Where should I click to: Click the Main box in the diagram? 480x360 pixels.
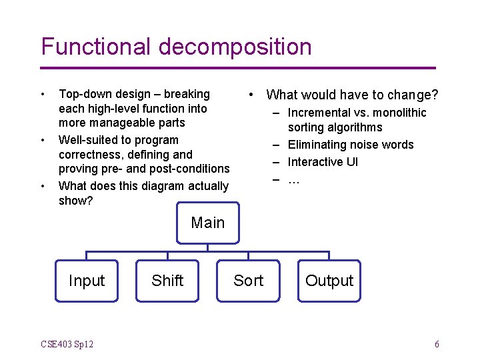click(208, 223)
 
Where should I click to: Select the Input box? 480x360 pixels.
click(87, 281)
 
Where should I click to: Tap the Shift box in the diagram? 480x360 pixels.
click(167, 281)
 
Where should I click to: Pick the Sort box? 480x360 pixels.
click(248, 281)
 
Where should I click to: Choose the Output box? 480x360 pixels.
click(329, 281)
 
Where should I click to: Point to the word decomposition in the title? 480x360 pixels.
click(235, 47)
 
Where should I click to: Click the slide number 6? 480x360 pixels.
click(437, 344)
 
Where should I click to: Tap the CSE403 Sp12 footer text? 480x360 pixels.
click(67, 344)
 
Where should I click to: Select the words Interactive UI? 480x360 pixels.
click(323, 162)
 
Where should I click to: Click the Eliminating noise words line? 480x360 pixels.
click(350, 145)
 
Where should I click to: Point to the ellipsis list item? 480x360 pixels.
click(293, 179)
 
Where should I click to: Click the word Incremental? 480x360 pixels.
click(320, 113)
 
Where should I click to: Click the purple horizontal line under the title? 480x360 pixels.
click(238, 68)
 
